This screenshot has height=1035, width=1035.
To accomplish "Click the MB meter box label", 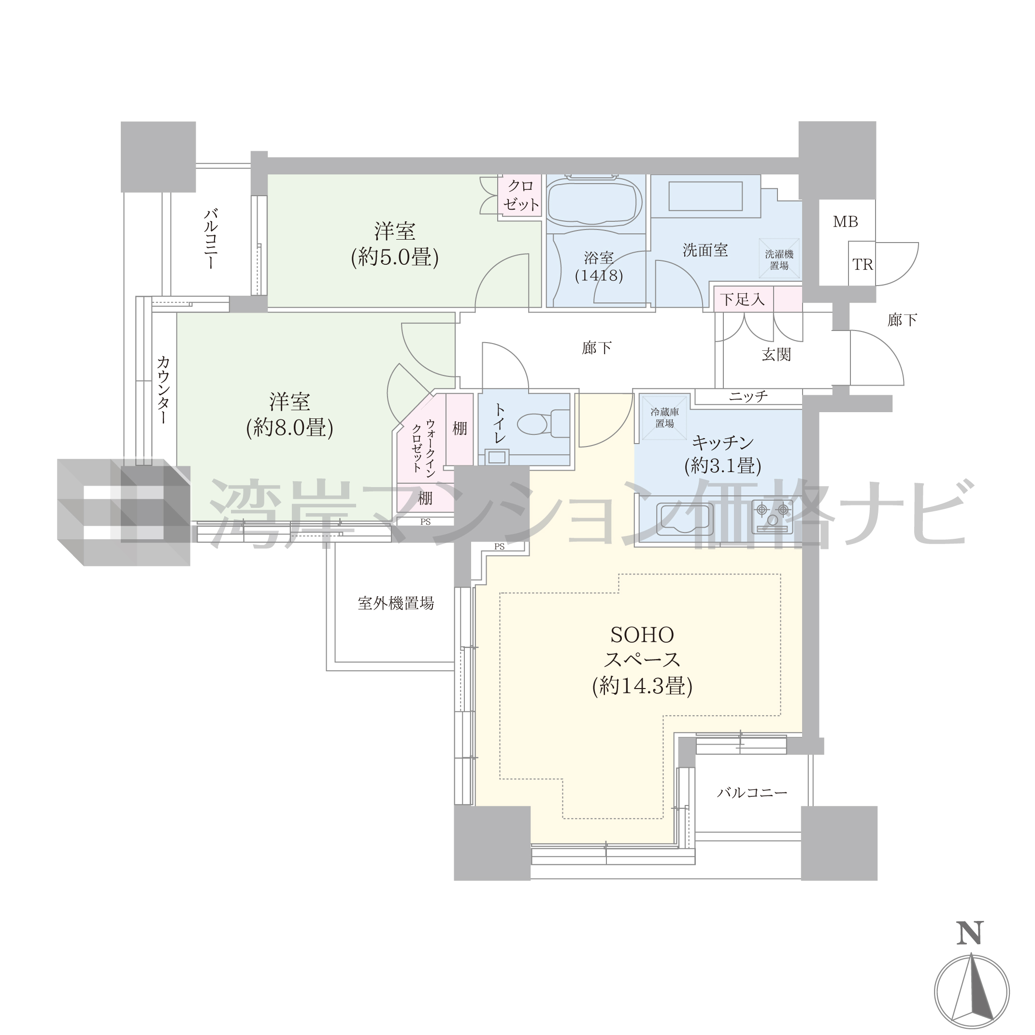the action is [846, 221].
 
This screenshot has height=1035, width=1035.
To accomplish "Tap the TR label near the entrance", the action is [862, 265].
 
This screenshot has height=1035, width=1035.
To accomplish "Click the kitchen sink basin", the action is [685, 519].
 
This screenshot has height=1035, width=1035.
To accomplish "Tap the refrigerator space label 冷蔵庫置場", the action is [664, 418].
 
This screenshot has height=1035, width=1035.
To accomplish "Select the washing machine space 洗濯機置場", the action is [779, 260].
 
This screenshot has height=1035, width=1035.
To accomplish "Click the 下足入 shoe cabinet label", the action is [743, 299].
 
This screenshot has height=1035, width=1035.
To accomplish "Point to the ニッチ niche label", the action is [748, 396].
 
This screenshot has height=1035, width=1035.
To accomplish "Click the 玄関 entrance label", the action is [776, 355].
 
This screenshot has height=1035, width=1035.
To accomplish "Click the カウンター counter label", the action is [163, 389].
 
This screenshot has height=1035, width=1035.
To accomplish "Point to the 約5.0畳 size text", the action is [395, 258].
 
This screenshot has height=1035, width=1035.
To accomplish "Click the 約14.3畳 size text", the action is [642, 686].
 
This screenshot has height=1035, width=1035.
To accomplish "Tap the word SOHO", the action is [642, 635].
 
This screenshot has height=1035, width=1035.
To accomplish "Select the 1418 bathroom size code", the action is [599, 276].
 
